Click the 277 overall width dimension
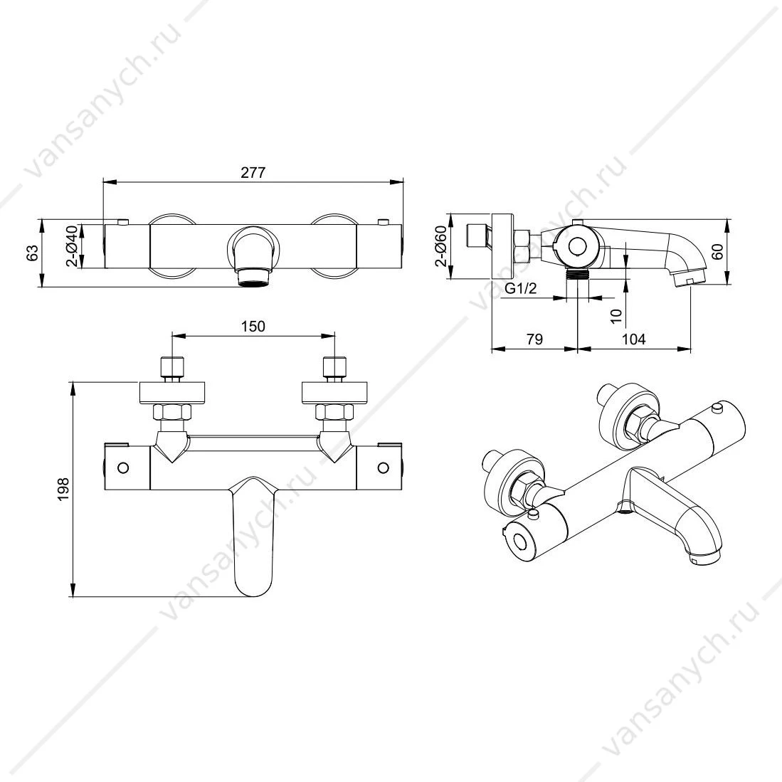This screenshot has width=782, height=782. point(253,173)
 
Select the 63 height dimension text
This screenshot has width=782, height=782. point(33,253)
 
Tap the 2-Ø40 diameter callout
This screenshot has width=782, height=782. point(73,246)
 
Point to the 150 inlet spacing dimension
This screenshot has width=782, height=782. point(253,326)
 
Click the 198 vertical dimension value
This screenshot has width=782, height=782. point(63,489)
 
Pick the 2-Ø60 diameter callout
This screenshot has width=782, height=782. point(440,246)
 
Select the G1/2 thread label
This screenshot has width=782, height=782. point(521,288)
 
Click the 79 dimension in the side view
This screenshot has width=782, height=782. point(534,339)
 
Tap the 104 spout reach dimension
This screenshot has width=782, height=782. point(633,339)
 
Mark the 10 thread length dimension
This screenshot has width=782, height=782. point(616,316)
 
